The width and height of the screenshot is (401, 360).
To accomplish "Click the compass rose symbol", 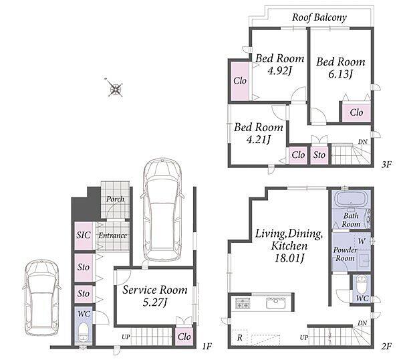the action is coord(115,88).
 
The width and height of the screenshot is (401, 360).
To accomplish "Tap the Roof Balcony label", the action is coord(319,17).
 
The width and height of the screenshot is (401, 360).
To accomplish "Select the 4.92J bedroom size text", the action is coord(279,71).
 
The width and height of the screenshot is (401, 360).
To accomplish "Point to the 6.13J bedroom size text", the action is coord(340,74).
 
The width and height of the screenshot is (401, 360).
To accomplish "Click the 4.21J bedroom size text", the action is coord(258,140).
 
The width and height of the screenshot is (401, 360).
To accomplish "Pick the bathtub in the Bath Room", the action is coord(351,199).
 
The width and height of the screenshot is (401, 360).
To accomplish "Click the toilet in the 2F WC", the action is coord(362,284).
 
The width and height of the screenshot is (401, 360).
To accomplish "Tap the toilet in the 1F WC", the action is coord(84,332).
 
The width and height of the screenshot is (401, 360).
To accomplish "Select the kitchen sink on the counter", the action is coord(275,303).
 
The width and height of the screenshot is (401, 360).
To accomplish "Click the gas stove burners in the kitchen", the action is coord(242,303).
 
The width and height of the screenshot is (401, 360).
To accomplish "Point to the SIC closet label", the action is coord(84,235).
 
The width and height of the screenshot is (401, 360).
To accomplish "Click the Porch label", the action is coord(115,199).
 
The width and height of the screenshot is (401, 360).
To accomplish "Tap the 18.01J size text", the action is coord(289,258).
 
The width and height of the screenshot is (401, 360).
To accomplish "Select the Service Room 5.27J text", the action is coord(155,296).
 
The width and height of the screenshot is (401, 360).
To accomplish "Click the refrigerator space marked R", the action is coord(240,338).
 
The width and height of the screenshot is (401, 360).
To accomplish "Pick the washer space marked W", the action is coord(362,241).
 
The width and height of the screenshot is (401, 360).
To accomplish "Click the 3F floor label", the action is coord(386,164).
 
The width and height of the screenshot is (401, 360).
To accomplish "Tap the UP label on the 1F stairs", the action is coord(126,337).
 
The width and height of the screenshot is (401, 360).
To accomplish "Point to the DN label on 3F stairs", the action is coord(363,141).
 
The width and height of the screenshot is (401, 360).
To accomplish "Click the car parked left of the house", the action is coord(41,297).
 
